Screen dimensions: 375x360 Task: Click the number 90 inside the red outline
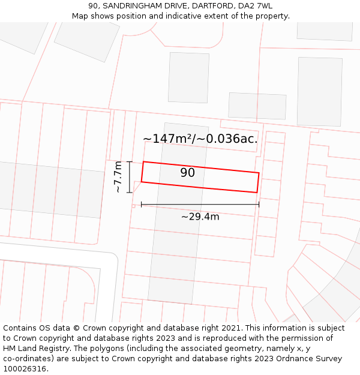(x=187, y=173)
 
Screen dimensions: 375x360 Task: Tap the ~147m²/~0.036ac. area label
(x=200, y=139)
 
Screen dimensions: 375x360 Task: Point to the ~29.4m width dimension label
(x=200, y=217)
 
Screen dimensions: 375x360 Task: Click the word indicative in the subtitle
(x=178, y=16)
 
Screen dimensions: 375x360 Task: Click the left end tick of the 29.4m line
(x=142, y=205)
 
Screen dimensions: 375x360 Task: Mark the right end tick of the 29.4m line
(x=259, y=205)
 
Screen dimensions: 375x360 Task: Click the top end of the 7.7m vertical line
(x=130, y=161)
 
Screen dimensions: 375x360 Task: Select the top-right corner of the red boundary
(x=259, y=173)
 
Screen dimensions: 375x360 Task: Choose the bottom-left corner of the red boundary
(x=142, y=181)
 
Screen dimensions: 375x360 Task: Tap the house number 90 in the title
(x=93, y=5)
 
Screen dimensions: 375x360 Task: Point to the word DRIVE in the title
(x=175, y=5)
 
